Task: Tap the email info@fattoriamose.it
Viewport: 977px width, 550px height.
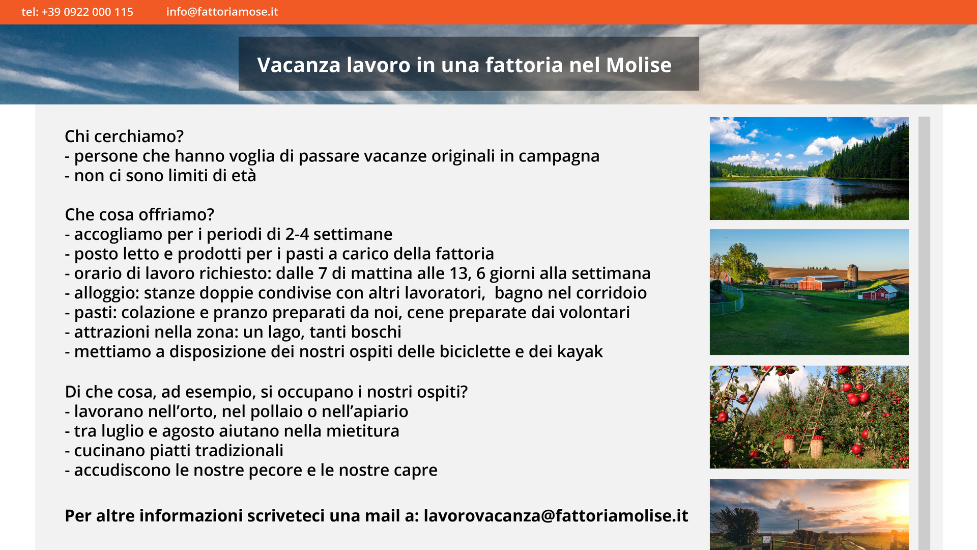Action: click(x=222, y=12)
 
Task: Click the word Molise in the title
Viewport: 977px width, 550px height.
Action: click(x=639, y=65)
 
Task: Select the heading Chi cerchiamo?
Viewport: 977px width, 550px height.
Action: click(x=124, y=136)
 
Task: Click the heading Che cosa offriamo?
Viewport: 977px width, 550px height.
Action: click(x=139, y=215)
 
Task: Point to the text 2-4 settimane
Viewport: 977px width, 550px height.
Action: click(x=339, y=234)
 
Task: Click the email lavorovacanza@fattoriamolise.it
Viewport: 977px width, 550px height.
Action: click(x=556, y=516)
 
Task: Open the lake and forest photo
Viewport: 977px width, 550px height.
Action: click(x=809, y=169)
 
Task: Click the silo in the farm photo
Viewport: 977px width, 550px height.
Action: click(x=853, y=276)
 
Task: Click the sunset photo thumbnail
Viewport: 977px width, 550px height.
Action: click(x=809, y=514)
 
